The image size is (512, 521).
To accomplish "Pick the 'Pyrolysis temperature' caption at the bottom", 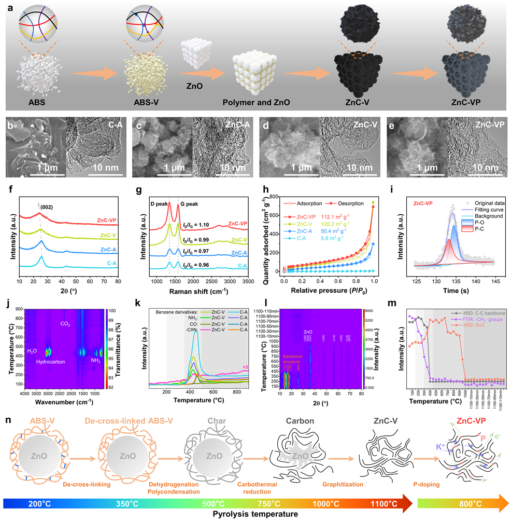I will pyautogui.click(x=255, y=514).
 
